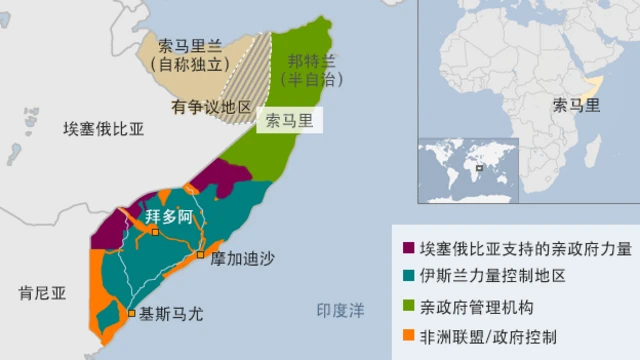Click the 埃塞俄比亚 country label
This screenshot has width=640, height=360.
click(104, 130)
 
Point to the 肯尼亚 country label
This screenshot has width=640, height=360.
click(42, 293)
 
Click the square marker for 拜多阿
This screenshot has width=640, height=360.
click(155, 232)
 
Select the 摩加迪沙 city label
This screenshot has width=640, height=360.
click(242, 257)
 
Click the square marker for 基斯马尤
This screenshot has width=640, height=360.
click(132, 313)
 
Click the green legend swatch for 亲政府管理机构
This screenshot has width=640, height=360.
click(408, 305)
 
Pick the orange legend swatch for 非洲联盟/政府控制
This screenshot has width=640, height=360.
click(408, 334)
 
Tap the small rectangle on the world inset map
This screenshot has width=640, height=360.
click(481, 167)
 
